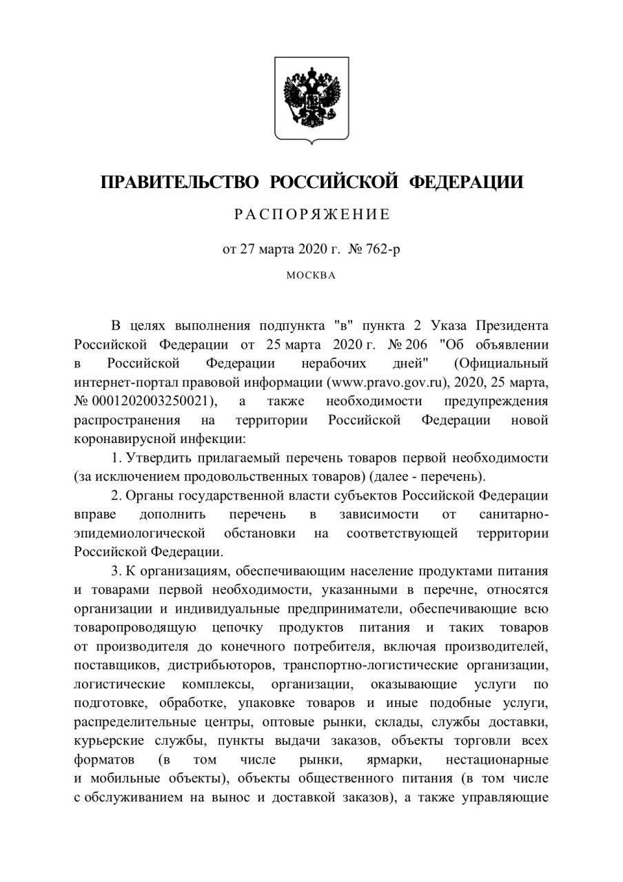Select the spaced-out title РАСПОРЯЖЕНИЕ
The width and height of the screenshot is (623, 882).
311,214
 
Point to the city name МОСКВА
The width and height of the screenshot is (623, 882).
311,276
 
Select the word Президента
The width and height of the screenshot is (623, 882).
511,325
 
